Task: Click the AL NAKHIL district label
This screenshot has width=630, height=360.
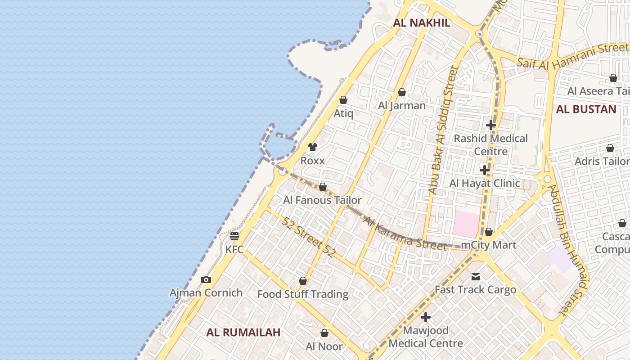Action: pyautogui.click(x=422, y=23)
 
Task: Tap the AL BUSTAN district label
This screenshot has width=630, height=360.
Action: pyautogui.click(x=586, y=109)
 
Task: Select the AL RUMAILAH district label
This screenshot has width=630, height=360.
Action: pyautogui.click(x=243, y=333)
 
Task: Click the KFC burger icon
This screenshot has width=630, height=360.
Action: pyautogui.click(x=234, y=236)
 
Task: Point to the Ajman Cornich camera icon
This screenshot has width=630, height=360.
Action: pyautogui.click(x=206, y=280)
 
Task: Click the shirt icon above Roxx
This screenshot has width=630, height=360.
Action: pyautogui.click(x=313, y=147)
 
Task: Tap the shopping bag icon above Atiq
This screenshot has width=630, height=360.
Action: pyautogui.click(x=343, y=100)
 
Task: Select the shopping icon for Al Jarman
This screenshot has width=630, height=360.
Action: pyautogui.click(x=402, y=92)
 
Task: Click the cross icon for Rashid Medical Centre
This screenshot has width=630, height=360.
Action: pyautogui.click(x=491, y=125)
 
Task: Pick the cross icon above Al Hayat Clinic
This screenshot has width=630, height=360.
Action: pyautogui.click(x=485, y=170)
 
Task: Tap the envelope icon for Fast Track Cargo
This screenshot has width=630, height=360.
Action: pyautogui.click(x=476, y=277)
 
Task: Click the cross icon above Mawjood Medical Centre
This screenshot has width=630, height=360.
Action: pyautogui.click(x=426, y=317)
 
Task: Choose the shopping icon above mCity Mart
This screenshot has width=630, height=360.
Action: pyautogui.click(x=489, y=232)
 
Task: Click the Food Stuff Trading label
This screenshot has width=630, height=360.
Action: pyautogui.click(x=303, y=294)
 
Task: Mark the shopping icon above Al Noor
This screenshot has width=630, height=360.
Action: pyautogui.click(x=324, y=333)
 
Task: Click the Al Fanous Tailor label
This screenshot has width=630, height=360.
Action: pyautogui.click(x=322, y=200)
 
